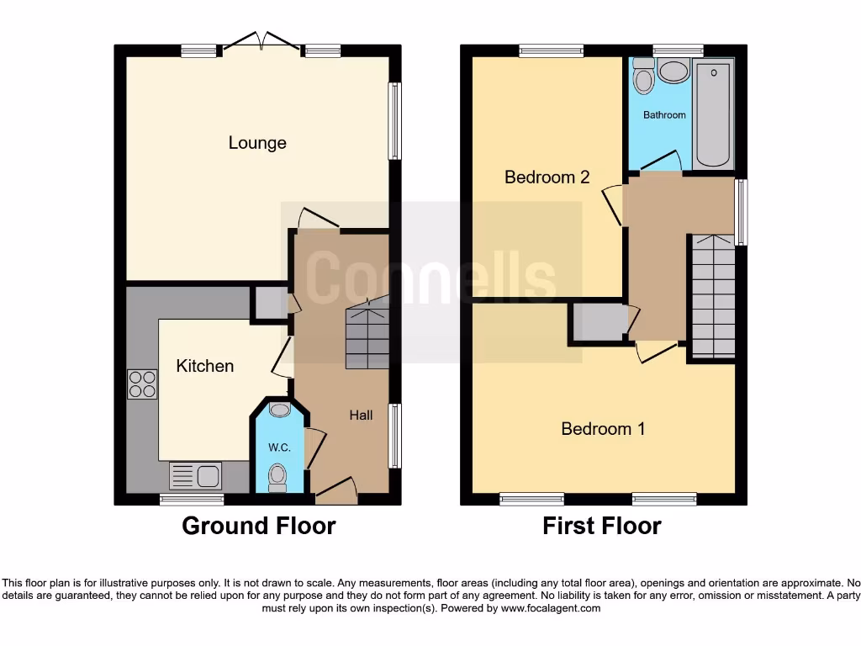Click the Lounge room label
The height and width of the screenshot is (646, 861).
point(257,143)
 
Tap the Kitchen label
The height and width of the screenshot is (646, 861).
point(204,366)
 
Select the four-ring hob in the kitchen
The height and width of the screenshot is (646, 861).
point(142,384)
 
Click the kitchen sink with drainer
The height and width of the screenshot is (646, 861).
point(195,475)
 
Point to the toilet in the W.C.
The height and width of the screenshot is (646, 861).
point(277,477)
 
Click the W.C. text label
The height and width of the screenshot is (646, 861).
point(279,447)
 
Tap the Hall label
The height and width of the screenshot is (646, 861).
point(362,415)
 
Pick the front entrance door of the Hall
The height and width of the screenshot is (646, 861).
point(335,490)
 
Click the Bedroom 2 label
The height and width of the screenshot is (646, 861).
point(547,177)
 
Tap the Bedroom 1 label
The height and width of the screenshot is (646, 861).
point(603,429)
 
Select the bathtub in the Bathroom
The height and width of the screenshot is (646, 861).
point(713,113)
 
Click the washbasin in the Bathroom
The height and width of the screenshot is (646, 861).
point(673,71)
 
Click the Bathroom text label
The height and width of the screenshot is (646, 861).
point(664,114)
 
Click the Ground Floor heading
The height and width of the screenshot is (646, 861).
point(258,527)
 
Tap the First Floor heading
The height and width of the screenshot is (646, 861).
point(602,527)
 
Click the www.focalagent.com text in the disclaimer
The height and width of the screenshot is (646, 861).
point(552,608)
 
